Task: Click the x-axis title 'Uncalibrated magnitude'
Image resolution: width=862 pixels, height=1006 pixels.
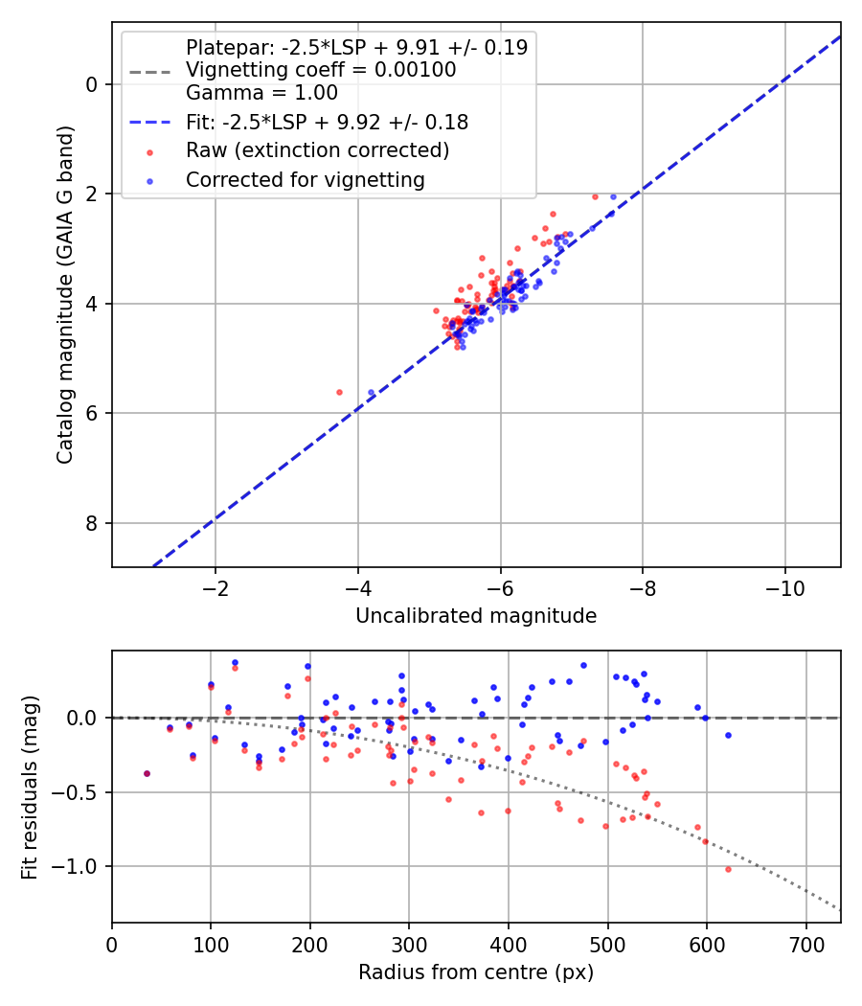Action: [x=476, y=616]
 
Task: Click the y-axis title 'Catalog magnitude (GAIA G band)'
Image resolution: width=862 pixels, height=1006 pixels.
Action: [x=65, y=295]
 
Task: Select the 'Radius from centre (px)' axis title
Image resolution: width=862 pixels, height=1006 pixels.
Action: [x=476, y=972]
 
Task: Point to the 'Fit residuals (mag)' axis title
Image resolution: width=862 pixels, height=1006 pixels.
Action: [x=30, y=788]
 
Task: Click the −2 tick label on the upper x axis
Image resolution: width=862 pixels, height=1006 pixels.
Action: [x=215, y=588]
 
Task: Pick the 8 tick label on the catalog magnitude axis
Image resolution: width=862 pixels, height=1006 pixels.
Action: [x=91, y=523]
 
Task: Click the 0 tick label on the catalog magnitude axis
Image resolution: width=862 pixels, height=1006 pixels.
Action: [x=91, y=84]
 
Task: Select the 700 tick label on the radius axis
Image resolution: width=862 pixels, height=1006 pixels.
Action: [x=806, y=945]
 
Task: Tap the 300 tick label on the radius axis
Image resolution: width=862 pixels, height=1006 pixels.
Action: [x=409, y=945]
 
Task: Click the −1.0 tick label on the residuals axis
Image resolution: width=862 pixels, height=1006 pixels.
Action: [x=75, y=866]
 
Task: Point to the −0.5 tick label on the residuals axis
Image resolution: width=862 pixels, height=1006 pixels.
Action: [x=75, y=791]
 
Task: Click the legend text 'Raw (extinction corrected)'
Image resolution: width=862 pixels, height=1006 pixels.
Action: [x=317, y=150]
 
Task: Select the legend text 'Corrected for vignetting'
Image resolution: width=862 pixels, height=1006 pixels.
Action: [x=306, y=180]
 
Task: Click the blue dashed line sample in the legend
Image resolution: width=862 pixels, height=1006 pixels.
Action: [x=150, y=122]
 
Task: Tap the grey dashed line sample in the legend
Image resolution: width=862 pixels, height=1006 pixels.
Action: [x=150, y=71]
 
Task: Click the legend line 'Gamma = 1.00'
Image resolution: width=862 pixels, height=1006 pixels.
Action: [x=261, y=93]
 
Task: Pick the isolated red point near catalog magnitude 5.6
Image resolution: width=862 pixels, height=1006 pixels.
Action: [x=339, y=392]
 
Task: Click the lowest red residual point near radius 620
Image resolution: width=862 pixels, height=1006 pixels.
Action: [x=728, y=869]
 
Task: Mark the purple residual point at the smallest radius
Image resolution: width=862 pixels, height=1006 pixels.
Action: [x=147, y=774]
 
